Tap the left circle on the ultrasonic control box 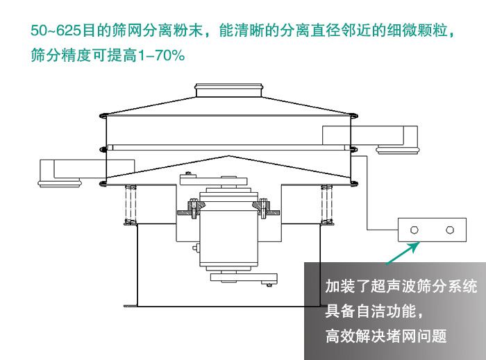(x=414, y=229)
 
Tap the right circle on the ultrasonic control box (x=450, y=229)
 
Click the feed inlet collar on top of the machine (x=228, y=90)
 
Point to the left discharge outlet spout (x=62, y=173)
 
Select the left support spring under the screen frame (x=128, y=204)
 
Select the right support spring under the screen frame (x=325, y=204)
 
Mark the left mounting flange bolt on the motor (x=192, y=208)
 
